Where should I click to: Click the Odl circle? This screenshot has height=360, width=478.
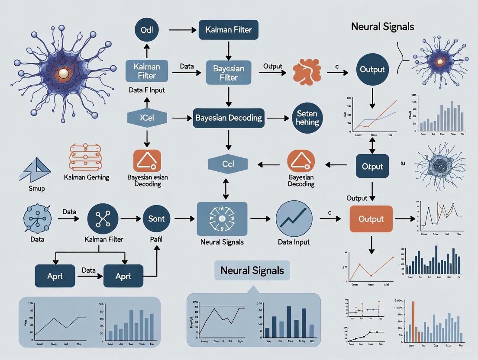147,31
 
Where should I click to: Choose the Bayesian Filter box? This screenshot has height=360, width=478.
228,72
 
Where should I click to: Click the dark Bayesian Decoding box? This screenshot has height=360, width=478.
228,117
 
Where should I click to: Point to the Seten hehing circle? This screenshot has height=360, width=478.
307,118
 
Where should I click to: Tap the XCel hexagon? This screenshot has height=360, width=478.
147,117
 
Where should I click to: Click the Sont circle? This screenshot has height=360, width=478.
156,219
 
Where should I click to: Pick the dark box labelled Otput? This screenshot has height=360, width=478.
372,166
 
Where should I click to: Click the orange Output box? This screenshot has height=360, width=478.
371,219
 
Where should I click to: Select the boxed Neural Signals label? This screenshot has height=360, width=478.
252,271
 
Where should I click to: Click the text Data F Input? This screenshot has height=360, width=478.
147,91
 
